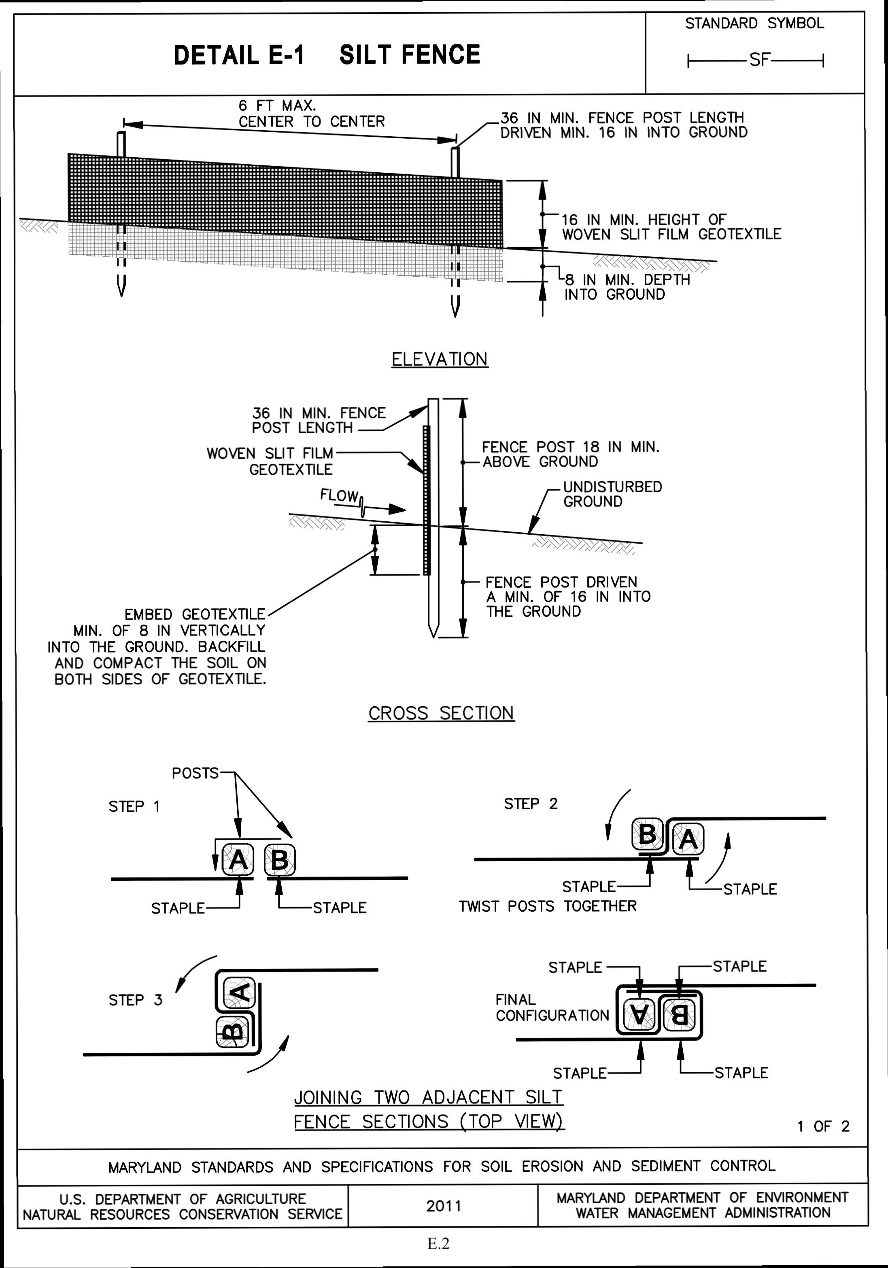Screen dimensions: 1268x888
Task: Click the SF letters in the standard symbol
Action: tap(759, 59)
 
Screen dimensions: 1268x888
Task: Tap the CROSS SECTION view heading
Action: tap(441, 713)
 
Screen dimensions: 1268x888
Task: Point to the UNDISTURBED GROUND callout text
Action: tap(612, 494)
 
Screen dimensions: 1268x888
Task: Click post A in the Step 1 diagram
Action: tap(238, 859)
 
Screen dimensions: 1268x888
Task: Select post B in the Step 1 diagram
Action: tap(280, 859)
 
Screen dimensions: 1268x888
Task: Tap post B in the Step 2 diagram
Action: tap(647, 834)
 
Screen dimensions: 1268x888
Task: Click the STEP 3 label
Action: tap(135, 1000)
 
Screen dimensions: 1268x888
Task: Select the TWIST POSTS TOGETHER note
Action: tap(548, 906)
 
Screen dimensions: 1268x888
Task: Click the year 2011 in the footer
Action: tap(443, 1206)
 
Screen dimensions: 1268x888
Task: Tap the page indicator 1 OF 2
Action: tap(823, 1126)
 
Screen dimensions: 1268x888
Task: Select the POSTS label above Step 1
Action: tap(195, 773)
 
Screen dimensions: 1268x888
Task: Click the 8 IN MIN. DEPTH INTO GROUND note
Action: tap(627, 287)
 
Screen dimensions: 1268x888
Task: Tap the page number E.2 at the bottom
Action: tap(438, 1243)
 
